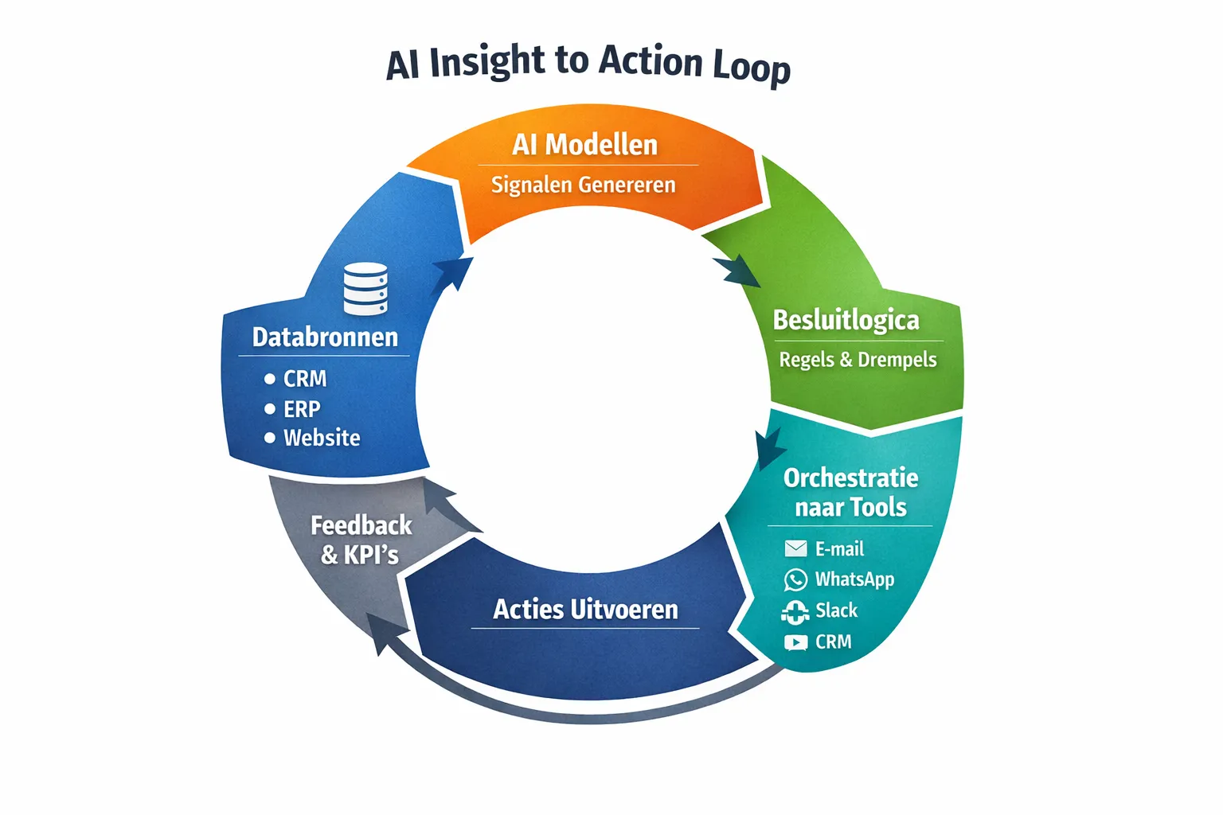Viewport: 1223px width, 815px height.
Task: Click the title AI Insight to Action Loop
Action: pos(588,62)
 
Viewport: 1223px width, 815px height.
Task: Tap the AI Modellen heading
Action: pos(584,145)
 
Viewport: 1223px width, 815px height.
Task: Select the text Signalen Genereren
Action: pos(583,185)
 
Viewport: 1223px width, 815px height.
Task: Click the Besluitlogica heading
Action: pos(846,320)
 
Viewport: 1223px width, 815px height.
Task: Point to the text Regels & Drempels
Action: pos(858,360)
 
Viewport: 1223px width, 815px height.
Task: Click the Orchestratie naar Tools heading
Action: pos(850,492)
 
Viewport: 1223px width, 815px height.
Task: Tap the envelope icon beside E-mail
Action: pos(795,548)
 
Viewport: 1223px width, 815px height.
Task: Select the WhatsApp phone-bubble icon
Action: pos(795,579)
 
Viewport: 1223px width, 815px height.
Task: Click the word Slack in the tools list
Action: pos(836,610)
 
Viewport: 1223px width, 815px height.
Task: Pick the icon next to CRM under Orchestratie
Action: pos(795,641)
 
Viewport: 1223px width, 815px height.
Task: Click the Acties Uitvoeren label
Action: pos(585,610)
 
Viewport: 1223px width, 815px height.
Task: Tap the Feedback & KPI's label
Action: pos(361,540)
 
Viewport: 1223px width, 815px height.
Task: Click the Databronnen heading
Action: pos(325,337)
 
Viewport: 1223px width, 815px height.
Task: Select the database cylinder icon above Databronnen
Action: pos(365,289)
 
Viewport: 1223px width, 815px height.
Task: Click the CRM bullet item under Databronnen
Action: pos(304,379)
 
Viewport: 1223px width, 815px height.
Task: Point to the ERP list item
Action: pos(302,409)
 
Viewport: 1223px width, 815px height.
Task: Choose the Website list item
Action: pos(321,438)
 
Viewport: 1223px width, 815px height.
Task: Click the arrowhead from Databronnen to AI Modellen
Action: pos(454,272)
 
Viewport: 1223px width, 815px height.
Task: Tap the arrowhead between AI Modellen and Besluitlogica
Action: pos(737,271)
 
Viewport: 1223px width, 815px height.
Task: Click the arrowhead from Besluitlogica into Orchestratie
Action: pos(768,448)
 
